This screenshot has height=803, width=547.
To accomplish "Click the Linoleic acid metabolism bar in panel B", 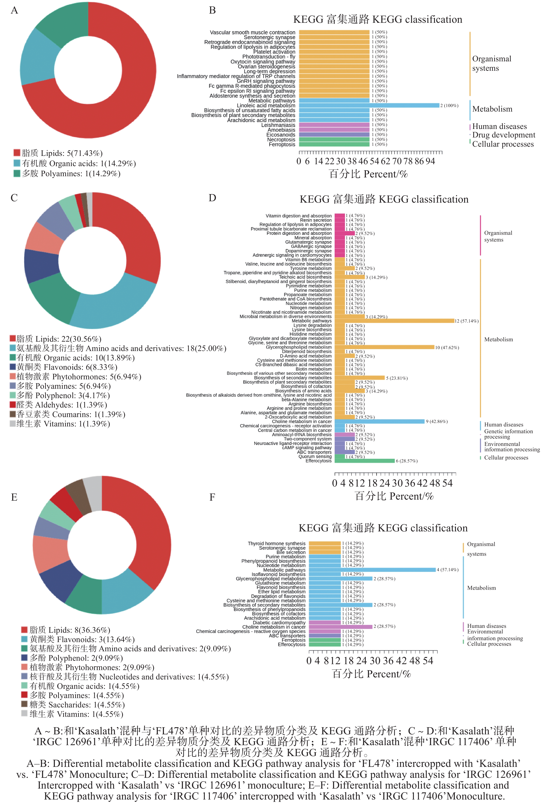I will click(369, 105).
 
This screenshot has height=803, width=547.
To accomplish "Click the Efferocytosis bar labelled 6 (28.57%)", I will click(364, 461).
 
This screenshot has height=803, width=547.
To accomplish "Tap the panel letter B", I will click(212, 10).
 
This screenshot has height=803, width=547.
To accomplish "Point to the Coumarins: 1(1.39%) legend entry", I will click(67, 414).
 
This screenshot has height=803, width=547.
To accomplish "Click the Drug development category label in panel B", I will click(503, 135).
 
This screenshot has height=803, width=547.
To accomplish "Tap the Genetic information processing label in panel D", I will click(508, 434).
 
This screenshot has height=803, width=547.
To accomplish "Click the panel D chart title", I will click(384, 199).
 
